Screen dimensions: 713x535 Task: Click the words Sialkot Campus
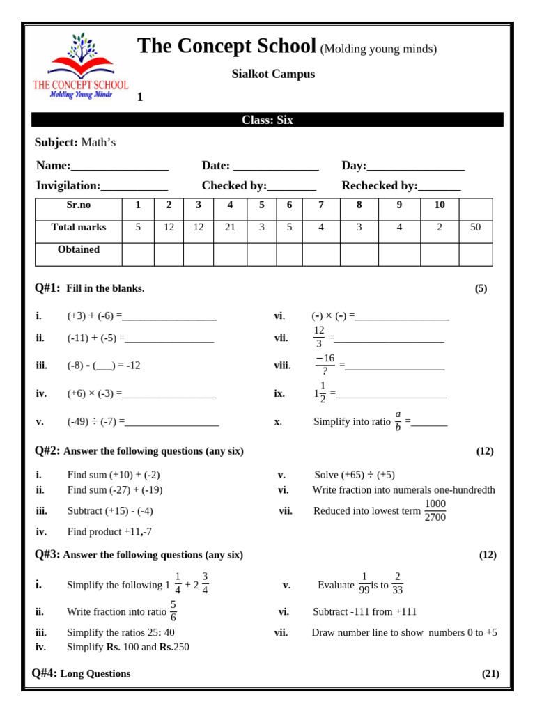[273, 74]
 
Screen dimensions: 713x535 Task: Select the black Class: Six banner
[267, 120]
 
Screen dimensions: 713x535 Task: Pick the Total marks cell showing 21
[230, 228]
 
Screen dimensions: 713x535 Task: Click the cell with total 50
[475, 228]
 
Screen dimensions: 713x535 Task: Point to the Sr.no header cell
[79, 205]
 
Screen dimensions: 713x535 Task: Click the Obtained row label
[79, 250]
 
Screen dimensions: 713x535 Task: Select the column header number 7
[320, 205]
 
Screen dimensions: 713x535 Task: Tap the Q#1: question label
[47, 288]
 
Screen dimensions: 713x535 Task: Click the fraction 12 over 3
[319, 337]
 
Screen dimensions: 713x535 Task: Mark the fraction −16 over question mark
[325, 365]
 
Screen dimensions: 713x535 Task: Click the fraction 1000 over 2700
[435, 510]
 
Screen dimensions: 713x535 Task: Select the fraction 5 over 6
[173, 611]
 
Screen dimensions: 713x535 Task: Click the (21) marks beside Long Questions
[490, 673]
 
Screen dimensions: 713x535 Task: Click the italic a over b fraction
[398, 421]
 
